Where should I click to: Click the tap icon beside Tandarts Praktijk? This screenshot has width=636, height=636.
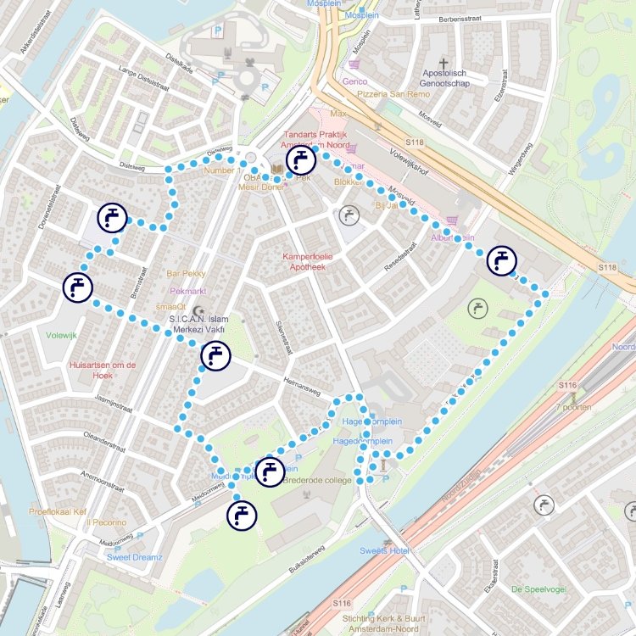[x=300, y=159]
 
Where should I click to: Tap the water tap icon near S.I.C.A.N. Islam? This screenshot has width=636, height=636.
[x=215, y=356]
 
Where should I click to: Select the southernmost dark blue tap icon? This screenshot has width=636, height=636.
[x=242, y=514]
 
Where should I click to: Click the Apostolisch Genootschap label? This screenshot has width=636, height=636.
[x=466, y=79]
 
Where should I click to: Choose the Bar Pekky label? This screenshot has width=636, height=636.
[x=187, y=274]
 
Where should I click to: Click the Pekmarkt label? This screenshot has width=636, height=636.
[x=188, y=290]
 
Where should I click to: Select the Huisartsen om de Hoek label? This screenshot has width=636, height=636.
[x=103, y=370]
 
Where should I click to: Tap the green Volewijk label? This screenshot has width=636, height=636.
[x=62, y=335]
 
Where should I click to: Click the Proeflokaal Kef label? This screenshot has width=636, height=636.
[x=58, y=511]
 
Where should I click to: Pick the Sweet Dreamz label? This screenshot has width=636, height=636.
[x=135, y=557]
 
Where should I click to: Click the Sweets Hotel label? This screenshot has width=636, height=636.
[x=384, y=551]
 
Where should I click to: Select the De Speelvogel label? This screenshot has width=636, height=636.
[x=539, y=589]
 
